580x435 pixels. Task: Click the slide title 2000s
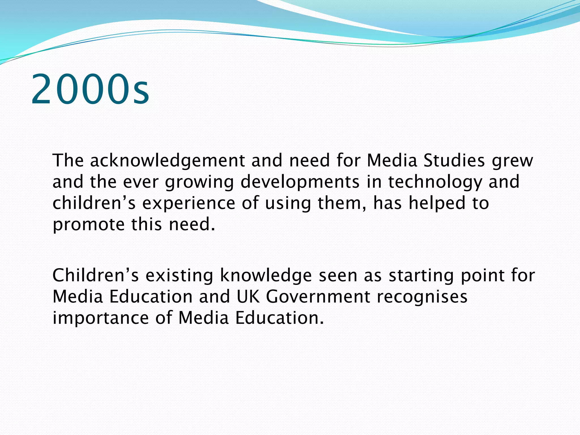[90, 89]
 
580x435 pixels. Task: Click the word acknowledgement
[167, 161]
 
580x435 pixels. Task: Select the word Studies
[454, 161]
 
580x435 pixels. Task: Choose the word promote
[88, 225]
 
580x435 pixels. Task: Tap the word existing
[179, 276]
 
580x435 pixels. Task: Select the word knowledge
[266, 276]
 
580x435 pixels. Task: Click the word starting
[421, 276]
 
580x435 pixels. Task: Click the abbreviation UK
[248, 297]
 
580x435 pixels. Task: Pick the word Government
[318, 297]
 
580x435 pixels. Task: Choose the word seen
[338, 276]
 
